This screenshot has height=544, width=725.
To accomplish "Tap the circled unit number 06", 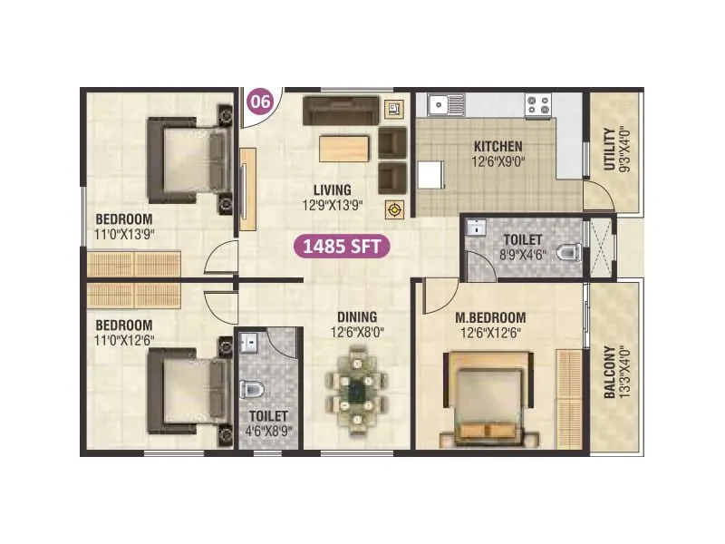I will click(260, 102).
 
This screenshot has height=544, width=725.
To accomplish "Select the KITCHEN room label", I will click(498, 146).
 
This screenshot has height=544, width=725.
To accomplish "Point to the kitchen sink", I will click(446, 105).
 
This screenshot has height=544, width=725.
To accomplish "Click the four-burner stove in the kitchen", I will click(538, 105).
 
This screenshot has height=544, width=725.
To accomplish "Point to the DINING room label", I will click(357, 316).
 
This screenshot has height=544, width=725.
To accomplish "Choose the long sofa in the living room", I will click(339, 110).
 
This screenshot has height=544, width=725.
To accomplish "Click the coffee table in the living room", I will click(344, 149).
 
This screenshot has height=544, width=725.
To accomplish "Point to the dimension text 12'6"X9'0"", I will click(498, 162).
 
